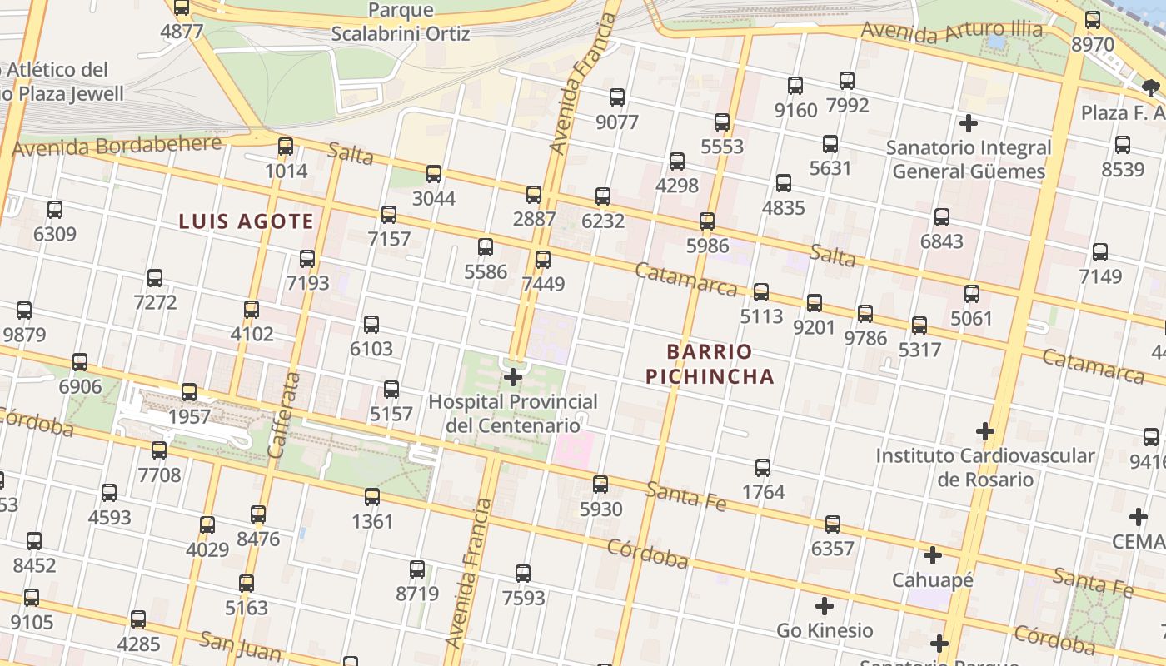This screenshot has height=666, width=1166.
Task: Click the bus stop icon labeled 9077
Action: pyautogui.click(x=617, y=97)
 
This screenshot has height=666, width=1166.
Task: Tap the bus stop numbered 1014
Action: pyautogui.click(x=286, y=147)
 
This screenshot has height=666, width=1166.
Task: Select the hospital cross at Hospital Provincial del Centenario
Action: pyautogui.click(x=513, y=377)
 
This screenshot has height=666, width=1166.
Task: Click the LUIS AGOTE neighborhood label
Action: pyautogui.click(x=247, y=221)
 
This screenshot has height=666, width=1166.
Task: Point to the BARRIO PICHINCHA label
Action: pyautogui.click(x=710, y=364)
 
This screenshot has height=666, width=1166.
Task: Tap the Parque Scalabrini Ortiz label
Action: pyautogui.click(x=401, y=22)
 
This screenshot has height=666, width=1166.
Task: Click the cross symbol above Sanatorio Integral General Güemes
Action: pyautogui.click(x=968, y=123)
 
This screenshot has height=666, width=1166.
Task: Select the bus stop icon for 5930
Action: pyautogui.click(x=600, y=484)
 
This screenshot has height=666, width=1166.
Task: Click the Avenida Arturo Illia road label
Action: pyautogui.click(x=951, y=32)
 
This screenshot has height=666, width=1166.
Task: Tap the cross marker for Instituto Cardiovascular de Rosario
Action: pyautogui.click(x=985, y=431)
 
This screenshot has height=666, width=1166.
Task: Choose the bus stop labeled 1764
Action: pyautogui.click(x=763, y=468)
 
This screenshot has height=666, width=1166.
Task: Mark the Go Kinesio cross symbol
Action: pyautogui.click(x=825, y=605)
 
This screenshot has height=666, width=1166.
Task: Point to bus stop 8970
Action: pyautogui.click(x=1093, y=20)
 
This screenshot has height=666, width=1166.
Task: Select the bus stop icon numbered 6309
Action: pyautogui.click(x=55, y=210)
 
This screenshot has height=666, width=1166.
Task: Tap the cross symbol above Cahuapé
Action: pyautogui.click(x=933, y=554)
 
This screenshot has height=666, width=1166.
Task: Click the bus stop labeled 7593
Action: pyautogui.click(x=523, y=574)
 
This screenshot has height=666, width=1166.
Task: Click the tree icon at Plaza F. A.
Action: pyautogui.click(x=1151, y=87)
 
